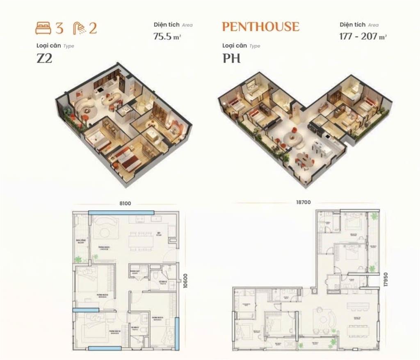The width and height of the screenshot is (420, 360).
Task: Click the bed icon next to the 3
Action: tap(43, 28)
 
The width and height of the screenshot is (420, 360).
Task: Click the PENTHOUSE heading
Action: tap(260, 27)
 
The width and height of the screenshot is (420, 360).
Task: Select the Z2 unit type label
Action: tap(44, 58)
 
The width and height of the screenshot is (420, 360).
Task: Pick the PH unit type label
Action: tap(231, 58)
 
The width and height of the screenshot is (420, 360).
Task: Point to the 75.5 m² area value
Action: tap(167, 36)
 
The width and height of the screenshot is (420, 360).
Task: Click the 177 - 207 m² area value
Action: tap(363, 36)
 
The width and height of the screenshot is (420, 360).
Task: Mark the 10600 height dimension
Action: tap(185, 281)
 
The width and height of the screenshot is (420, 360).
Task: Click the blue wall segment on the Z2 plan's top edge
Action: tap(121, 212)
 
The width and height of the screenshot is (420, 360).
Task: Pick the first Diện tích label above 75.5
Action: tap(167, 25)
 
